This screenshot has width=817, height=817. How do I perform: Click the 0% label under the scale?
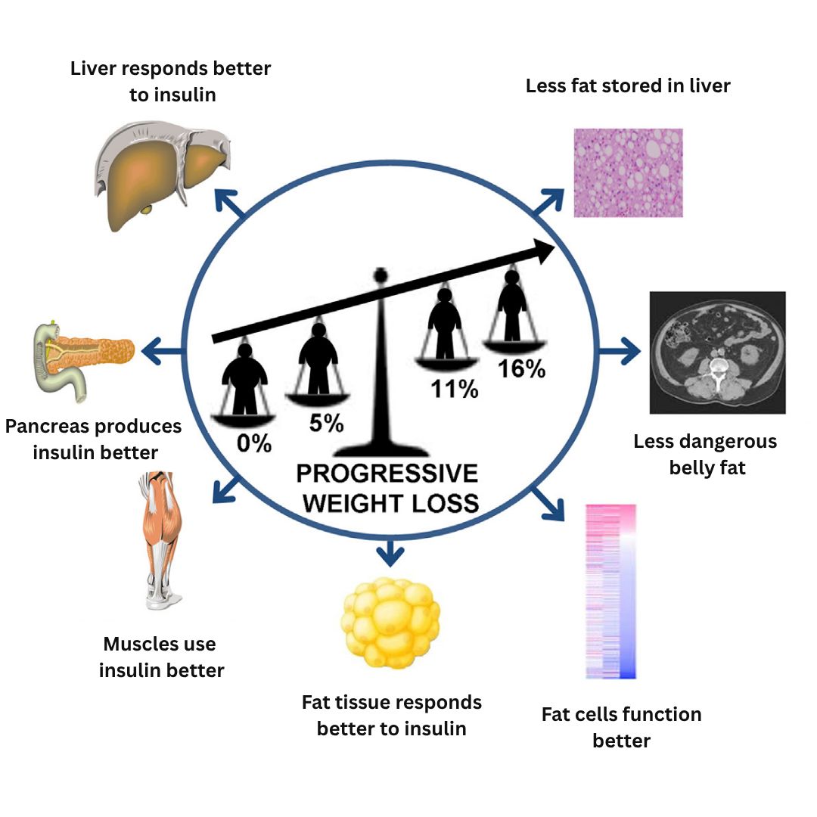tap(254, 443)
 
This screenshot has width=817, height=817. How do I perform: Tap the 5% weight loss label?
tap(326, 423)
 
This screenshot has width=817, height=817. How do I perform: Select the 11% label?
tap(455, 390)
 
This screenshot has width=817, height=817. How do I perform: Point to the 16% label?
tap(521, 369)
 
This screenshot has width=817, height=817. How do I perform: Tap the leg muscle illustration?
tap(160, 540)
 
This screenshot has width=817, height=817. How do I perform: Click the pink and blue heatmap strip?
tap(610, 592)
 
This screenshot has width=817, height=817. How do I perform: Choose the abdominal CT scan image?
tap(717, 353)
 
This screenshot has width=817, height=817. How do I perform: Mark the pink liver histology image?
tap(629, 173)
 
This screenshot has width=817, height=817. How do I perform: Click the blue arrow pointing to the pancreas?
tap(163, 351)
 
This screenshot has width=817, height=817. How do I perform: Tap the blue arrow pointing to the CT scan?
tap(620, 351)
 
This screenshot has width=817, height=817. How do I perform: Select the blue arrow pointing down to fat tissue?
tap(390, 551)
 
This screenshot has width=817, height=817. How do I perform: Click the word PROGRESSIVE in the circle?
tap(387, 474)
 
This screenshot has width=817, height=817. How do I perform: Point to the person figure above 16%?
tap(512, 305)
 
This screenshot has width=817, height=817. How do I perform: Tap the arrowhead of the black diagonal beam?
tap(544, 251)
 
